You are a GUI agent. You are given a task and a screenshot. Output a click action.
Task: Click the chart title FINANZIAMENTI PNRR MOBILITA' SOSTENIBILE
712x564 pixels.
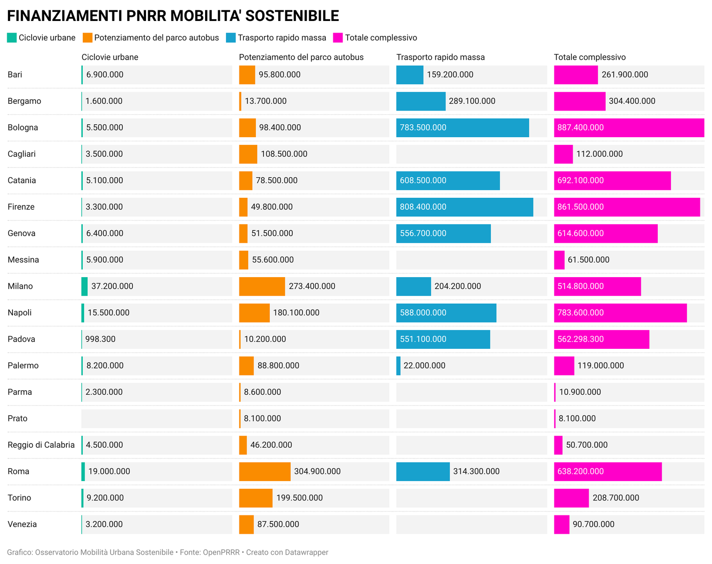tap(173, 16)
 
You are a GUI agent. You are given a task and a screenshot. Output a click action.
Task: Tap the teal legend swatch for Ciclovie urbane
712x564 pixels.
tap(12, 38)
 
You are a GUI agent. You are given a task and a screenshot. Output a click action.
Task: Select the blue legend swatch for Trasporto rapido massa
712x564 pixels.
tap(231, 38)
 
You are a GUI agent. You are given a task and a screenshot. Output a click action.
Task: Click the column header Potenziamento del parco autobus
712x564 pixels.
tap(301, 57)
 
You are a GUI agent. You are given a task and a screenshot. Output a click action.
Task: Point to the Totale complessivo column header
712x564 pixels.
tap(590, 57)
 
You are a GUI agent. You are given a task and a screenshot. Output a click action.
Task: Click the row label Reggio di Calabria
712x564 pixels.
tap(41, 445)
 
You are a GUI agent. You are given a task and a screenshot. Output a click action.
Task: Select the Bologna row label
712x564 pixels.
tap(23, 127)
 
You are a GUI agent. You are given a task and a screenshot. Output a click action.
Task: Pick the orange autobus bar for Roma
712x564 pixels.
tap(265, 471)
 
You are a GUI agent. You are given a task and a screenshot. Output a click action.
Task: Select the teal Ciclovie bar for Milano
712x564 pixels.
tap(85, 286)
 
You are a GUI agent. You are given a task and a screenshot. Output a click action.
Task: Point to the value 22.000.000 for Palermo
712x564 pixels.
tap(424, 365)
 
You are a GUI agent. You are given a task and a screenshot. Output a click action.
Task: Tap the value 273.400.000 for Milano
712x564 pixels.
tap(312, 286)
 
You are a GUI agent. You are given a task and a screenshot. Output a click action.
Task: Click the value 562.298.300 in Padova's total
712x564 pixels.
tap(580, 339)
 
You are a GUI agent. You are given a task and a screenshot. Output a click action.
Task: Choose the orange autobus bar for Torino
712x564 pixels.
tap(256, 498)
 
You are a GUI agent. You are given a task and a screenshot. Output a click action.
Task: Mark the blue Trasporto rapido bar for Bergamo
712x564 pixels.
tap(421, 101)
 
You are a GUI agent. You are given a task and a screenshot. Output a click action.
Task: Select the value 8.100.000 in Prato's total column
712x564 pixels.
tap(577, 418)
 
